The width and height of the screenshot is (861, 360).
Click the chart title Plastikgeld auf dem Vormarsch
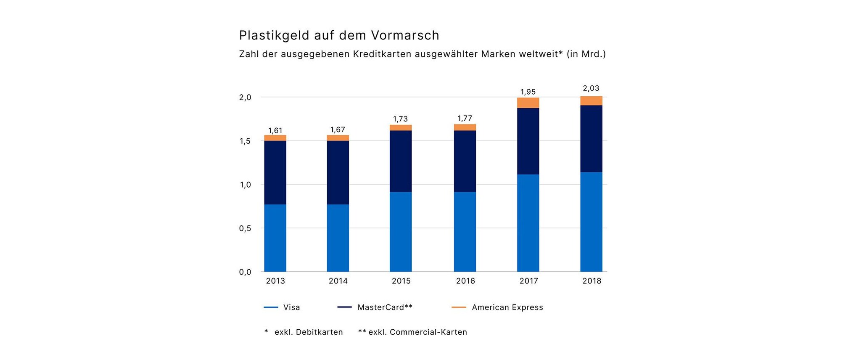pyautogui.click(x=339, y=35)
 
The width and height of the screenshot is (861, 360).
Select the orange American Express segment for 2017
pyautogui.click(x=528, y=103)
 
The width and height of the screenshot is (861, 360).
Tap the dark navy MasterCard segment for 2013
pyautogui.click(x=275, y=172)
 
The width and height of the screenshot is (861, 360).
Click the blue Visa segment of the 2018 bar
pyautogui.click(x=591, y=222)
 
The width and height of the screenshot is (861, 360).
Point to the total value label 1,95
pyautogui.click(x=528, y=92)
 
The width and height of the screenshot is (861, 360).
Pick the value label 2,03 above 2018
pyautogui.click(x=591, y=88)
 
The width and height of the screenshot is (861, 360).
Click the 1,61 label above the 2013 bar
pyautogui.click(x=275, y=130)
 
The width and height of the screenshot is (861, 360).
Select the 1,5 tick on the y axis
pyautogui.click(x=245, y=141)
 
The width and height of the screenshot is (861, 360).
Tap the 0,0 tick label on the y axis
pyautogui.click(x=245, y=272)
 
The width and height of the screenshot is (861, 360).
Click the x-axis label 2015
pyautogui.click(x=401, y=281)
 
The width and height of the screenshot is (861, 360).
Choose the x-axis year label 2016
pyautogui.click(x=465, y=281)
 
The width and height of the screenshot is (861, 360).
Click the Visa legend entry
pyautogui.click(x=291, y=307)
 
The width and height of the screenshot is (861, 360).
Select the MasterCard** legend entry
pyautogui.click(x=385, y=307)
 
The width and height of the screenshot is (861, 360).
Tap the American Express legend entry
pyautogui.click(x=507, y=307)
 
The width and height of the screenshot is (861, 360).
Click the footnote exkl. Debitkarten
pyautogui.click(x=309, y=332)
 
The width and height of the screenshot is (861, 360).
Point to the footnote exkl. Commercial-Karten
pyautogui.click(x=417, y=332)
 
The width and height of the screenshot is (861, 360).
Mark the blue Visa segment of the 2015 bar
pyautogui.click(x=401, y=232)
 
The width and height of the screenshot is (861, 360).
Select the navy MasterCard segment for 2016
pyautogui.click(x=465, y=161)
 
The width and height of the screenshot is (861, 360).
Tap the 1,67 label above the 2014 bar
pyautogui.click(x=338, y=130)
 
